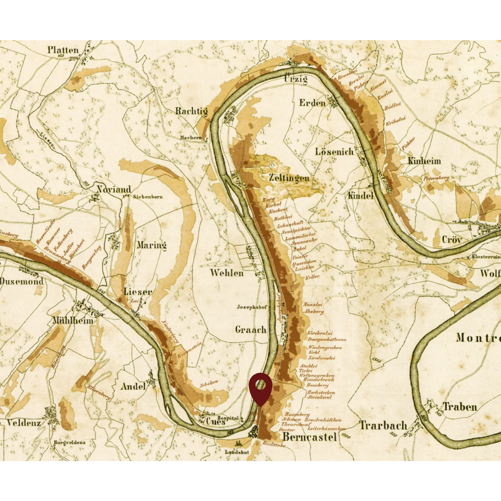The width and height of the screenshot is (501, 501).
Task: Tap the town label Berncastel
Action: [310, 437]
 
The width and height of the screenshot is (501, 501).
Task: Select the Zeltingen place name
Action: [289, 178]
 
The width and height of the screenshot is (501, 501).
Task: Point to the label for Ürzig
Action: [296, 79]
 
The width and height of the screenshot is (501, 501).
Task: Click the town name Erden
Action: [313, 103]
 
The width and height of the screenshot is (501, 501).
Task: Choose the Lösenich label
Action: [334, 152]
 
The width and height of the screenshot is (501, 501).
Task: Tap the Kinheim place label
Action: [424, 161]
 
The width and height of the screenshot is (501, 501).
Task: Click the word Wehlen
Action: [227, 273]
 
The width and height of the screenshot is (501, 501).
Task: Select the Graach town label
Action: [251, 330]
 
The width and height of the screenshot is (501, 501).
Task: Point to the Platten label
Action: [63, 50]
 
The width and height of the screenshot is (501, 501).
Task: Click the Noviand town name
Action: [114, 189]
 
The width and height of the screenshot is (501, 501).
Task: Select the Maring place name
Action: [152, 245]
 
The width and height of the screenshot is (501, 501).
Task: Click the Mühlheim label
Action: [73, 320]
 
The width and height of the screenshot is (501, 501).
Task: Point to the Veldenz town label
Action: [24, 423]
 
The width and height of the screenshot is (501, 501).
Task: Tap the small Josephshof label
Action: [251, 307]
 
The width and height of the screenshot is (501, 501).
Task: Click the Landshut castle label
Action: [237, 452]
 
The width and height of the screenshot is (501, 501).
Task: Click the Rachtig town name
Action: [191, 111]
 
